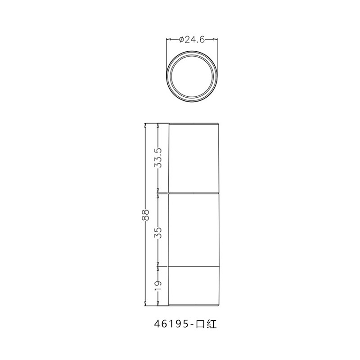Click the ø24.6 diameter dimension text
(192, 40)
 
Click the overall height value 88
(146, 215)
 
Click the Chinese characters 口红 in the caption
(206, 324)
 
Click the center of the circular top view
(192, 76)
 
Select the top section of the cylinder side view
(193, 158)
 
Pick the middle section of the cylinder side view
(193, 230)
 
